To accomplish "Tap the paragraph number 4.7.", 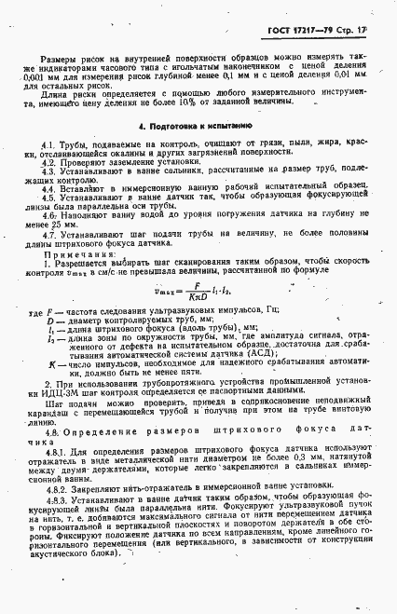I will [50, 236].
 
